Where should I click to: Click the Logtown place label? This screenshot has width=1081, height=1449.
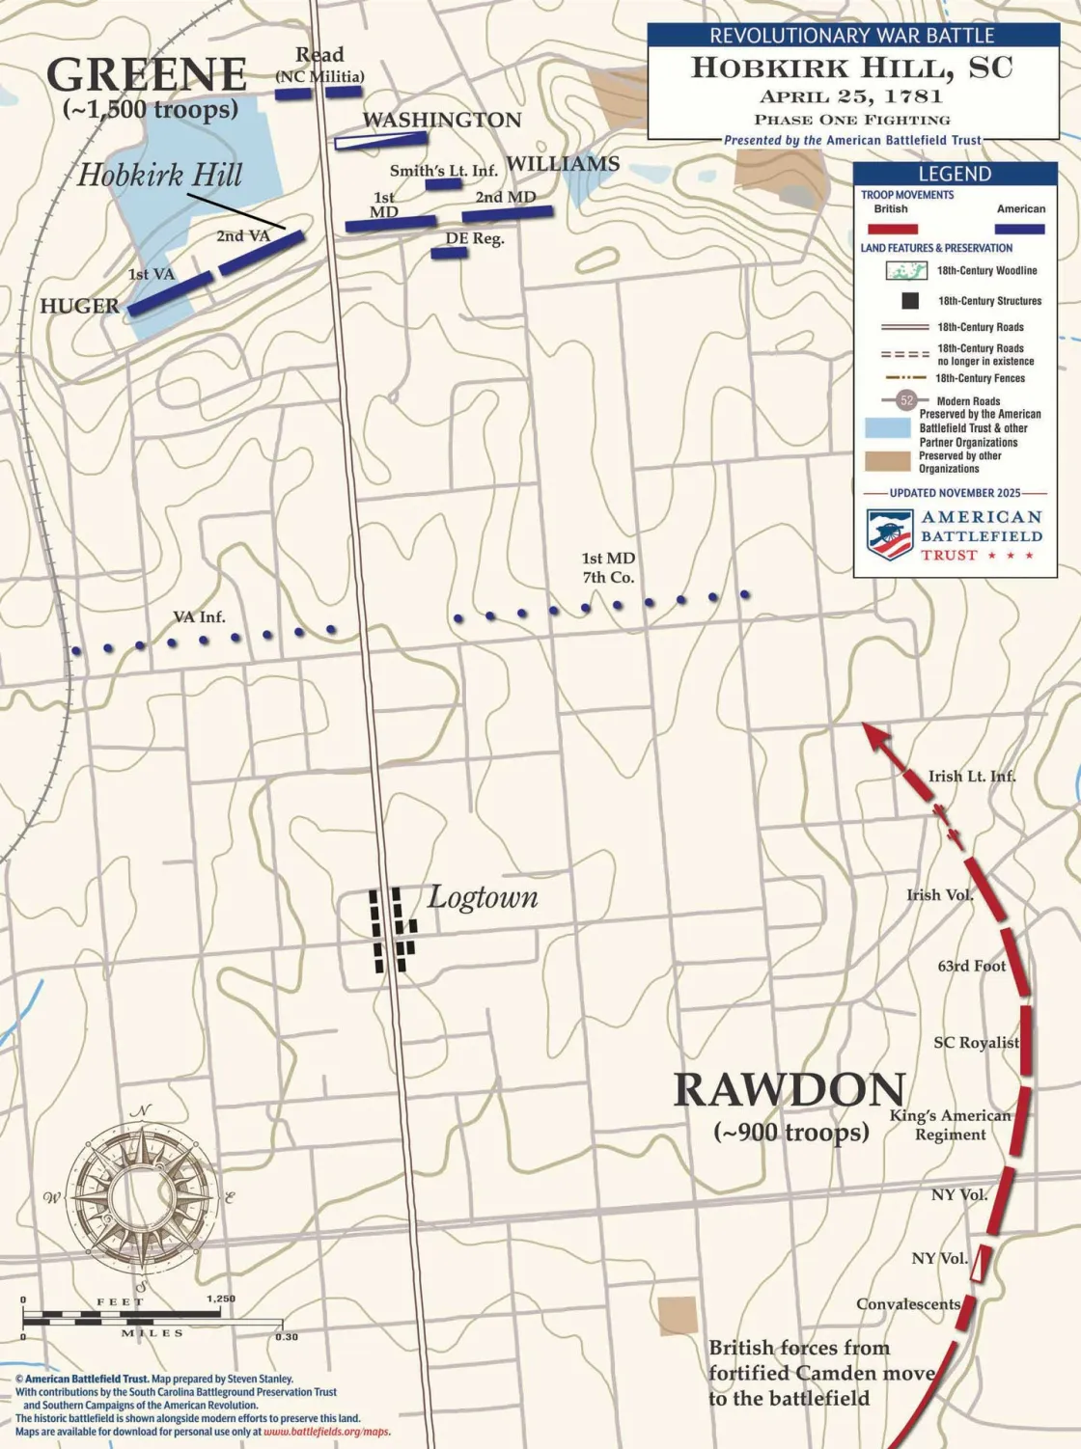tap(483, 897)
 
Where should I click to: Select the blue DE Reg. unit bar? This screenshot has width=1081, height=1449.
tap(449, 254)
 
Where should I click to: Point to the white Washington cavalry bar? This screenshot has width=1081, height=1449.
tap(381, 140)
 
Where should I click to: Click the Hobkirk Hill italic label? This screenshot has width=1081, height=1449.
tap(159, 176)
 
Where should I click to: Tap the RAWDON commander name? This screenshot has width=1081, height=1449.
tap(789, 1090)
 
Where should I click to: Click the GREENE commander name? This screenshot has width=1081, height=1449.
tap(147, 75)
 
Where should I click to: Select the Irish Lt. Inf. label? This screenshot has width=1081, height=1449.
tap(971, 776)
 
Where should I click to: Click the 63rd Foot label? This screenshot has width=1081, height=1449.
tap(971, 966)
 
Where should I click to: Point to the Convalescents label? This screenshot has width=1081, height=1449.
tap(907, 1304)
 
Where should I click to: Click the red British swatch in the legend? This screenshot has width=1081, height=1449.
tap(892, 230)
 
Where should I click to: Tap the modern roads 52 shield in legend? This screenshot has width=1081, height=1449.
tap(906, 400)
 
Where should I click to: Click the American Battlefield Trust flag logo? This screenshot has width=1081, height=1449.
tap(890, 535)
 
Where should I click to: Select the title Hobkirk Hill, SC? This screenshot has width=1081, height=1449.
tap(851, 68)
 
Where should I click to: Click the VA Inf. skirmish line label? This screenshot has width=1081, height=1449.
tap(199, 616)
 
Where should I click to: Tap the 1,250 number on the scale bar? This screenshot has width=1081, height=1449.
tap(220, 1299)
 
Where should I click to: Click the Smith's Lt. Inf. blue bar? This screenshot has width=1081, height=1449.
tap(444, 183)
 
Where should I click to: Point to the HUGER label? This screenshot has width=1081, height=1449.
tap(79, 306)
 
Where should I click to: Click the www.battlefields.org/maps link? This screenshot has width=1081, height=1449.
tap(326, 1432)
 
